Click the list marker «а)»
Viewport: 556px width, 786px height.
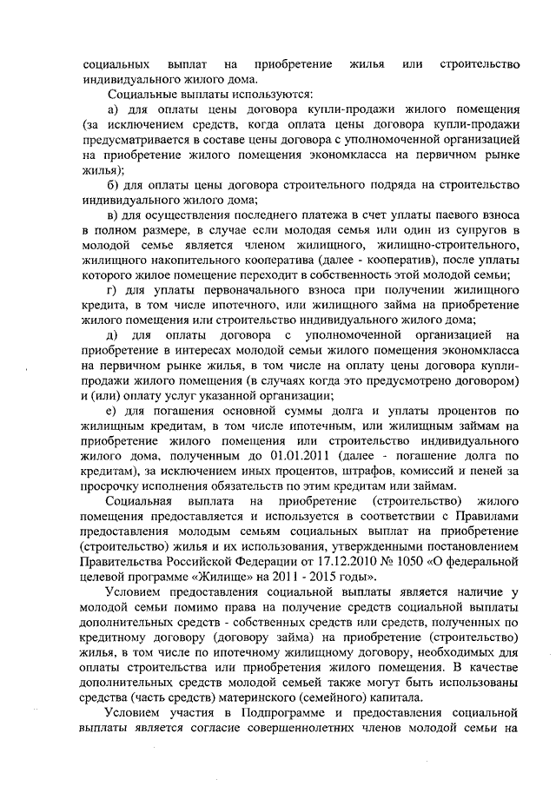click(113, 112)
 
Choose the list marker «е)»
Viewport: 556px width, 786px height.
click(113, 412)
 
